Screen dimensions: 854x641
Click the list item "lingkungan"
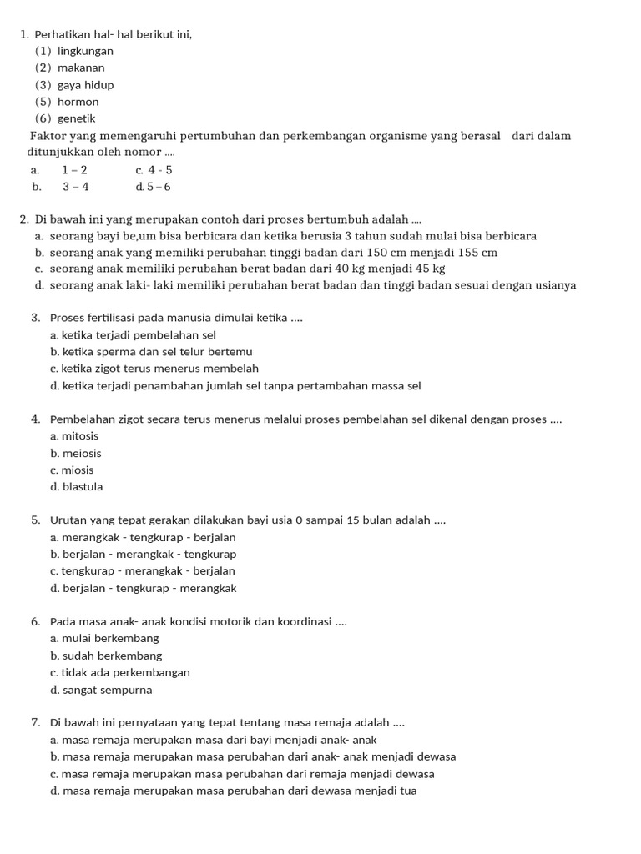click(x=85, y=51)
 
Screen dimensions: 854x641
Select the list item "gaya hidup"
click(x=85, y=85)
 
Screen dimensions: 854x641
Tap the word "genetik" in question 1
click(x=77, y=118)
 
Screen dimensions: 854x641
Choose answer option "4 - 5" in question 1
click(x=159, y=170)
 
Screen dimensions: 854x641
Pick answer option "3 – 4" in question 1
click(x=75, y=187)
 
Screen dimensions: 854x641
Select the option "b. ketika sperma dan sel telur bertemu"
click(x=151, y=352)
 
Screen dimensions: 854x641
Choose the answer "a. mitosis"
click(x=74, y=436)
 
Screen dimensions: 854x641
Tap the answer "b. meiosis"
click(x=76, y=454)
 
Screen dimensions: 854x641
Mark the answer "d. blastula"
click(x=77, y=487)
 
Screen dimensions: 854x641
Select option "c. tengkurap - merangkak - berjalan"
click(x=143, y=571)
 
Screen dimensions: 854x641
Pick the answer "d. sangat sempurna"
click(x=101, y=690)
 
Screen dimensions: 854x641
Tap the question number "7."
click(x=36, y=723)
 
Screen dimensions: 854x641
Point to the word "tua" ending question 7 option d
click(x=408, y=791)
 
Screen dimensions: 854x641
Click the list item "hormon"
click(x=78, y=102)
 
